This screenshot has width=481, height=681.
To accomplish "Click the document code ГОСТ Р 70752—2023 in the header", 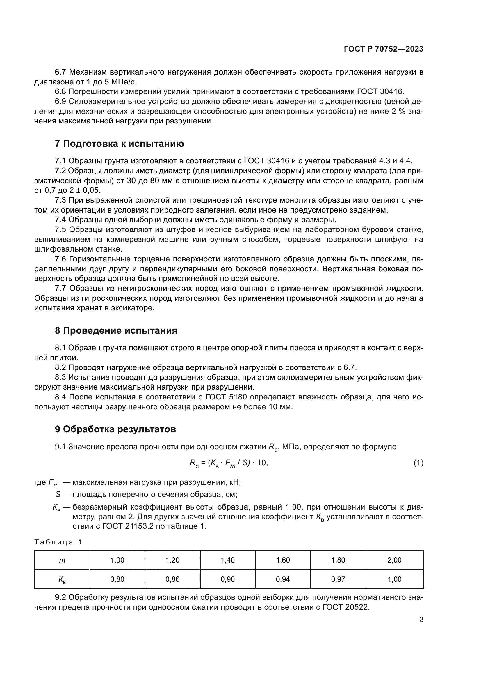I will pos(384,49).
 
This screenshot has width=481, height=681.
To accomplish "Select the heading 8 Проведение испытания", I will pos(116,330).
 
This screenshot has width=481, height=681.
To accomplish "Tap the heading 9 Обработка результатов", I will pos(115,429).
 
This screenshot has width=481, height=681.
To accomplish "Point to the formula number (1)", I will pos(418,463).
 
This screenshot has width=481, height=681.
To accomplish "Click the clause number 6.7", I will pos(60,72).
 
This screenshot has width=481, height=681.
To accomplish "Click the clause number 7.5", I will pos(60,230).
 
